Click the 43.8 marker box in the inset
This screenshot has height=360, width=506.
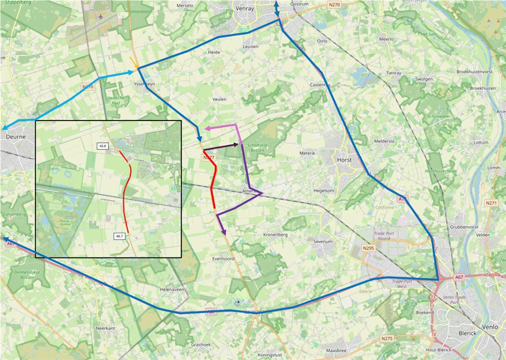pyautogui.click(x=103, y=146)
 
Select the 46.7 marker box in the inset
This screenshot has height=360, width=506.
pyautogui.click(x=120, y=236)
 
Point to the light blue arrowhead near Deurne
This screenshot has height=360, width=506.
pyautogui.click(x=4, y=128)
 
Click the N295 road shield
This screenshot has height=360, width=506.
pyautogui.click(x=369, y=248)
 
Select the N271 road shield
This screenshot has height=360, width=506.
pyautogui.click(x=490, y=203)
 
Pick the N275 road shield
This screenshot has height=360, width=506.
pyautogui.click(x=386, y=338)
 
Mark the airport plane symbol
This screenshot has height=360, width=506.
pyautogui.click(x=102, y=17)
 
